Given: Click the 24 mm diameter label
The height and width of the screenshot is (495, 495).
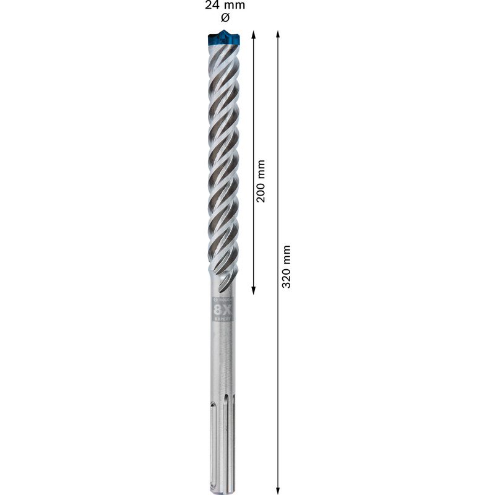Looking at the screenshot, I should [225, 6].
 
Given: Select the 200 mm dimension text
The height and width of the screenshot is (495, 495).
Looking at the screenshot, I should [260, 181].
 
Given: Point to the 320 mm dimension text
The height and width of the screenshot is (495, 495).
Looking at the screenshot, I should [286, 267].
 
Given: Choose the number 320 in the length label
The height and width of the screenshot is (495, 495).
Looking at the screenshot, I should [286, 278].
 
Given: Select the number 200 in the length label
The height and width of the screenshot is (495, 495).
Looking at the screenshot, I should [260, 192].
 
